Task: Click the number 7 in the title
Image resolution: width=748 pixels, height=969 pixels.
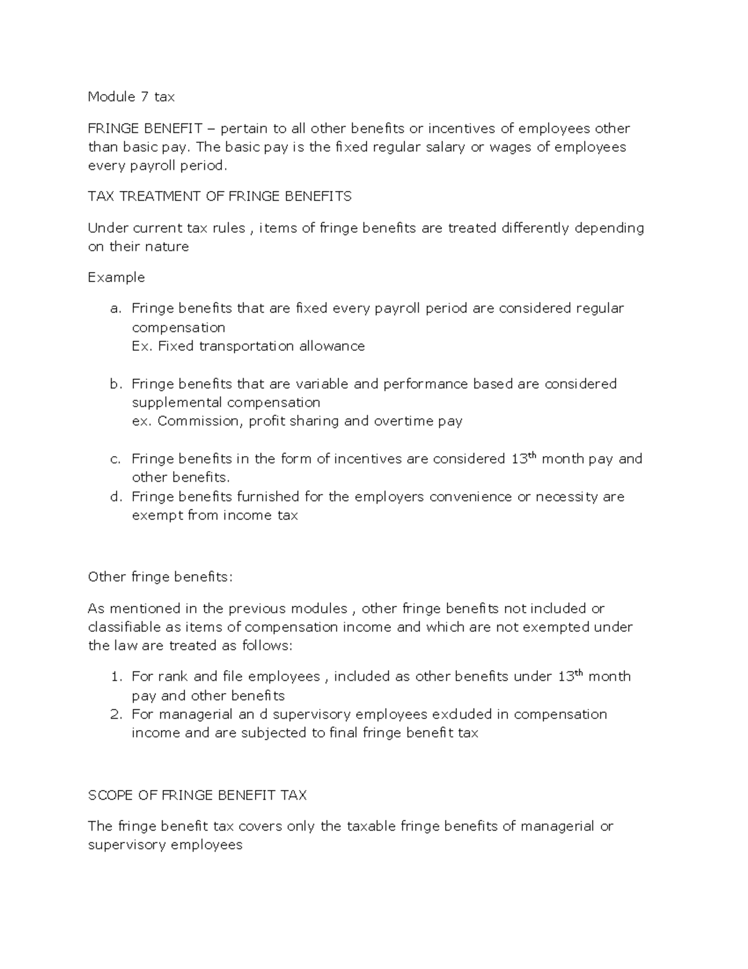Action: tap(144, 97)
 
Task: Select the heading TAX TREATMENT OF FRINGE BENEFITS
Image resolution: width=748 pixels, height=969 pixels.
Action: tap(219, 197)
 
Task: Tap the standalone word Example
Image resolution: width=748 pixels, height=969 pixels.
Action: tap(117, 278)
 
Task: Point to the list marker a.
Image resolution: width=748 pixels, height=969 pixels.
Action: tap(113, 309)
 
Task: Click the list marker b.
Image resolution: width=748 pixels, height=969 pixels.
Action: tap(113, 384)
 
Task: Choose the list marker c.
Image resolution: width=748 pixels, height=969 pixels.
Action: tap(113, 460)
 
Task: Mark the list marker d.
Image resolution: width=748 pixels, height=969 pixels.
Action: tap(113, 497)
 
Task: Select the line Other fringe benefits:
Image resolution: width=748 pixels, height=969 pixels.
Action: tap(160, 577)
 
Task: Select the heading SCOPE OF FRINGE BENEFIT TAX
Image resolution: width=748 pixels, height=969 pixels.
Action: tap(198, 796)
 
